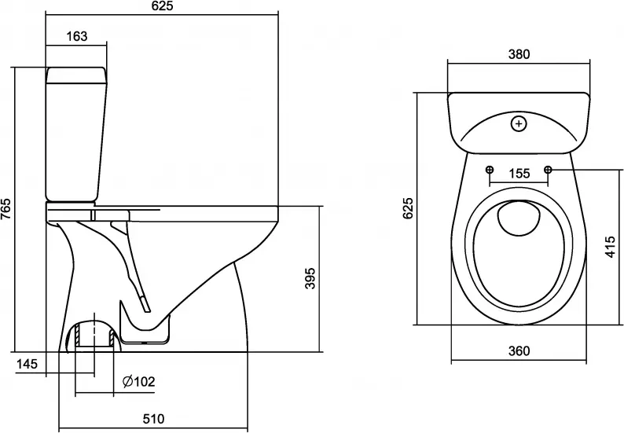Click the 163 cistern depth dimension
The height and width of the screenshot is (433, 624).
pyautogui.click(x=76, y=36)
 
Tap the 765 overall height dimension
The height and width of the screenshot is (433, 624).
pyautogui.click(x=7, y=208)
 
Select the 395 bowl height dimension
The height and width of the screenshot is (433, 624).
pyautogui.click(x=310, y=278)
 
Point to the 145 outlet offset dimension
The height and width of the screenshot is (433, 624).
pyautogui.click(x=27, y=363)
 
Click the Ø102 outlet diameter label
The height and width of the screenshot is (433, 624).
pyautogui.click(x=139, y=382)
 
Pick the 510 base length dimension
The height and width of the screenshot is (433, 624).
pyautogui.click(x=153, y=419)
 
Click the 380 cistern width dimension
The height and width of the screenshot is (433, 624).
pyautogui.click(x=519, y=53)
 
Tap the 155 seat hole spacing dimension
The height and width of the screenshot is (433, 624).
pyautogui.click(x=519, y=174)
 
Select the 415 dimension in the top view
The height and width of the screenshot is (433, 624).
pyautogui.click(x=611, y=247)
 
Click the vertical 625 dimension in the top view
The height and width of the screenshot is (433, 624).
pyautogui.click(x=408, y=208)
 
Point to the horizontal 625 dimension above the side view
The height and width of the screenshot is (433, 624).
pyautogui.click(x=163, y=6)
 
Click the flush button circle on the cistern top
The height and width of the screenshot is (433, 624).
pyautogui.click(x=519, y=124)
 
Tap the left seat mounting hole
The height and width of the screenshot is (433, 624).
pyautogui.click(x=490, y=170)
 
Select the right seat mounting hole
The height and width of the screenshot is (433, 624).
pyautogui.click(x=548, y=170)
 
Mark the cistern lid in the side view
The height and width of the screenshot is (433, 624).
pyautogui.click(x=76, y=75)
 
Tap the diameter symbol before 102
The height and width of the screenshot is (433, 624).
pyautogui.click(x=127, y=382)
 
